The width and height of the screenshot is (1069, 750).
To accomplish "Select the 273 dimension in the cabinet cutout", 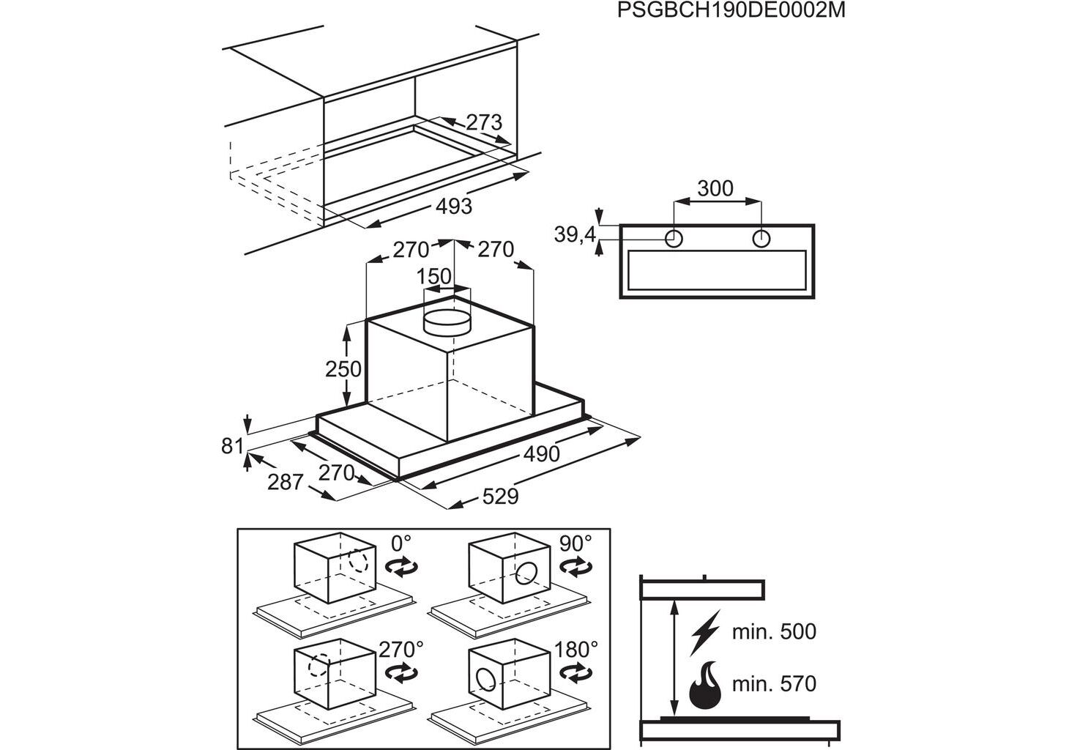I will (x=484, y=122).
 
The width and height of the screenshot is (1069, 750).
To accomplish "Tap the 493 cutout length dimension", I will (x=454, y=207).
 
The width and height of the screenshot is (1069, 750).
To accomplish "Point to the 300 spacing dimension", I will (x=715, y=188).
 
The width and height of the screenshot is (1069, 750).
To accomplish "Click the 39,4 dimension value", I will (x=575, y=235).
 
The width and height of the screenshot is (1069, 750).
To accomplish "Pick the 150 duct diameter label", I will (x=433, y=278).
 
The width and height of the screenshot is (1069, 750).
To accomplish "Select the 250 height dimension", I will (x=343, y=368).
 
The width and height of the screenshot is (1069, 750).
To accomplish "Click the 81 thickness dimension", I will (x=232, y=445).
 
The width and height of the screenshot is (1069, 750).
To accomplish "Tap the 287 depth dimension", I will (x=285, y=482).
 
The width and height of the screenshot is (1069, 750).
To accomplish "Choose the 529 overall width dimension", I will (x=500, y=497).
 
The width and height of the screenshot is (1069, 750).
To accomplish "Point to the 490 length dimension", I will (x=541, y=454).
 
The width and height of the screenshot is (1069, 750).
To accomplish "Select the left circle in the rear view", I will (x=674, y=238).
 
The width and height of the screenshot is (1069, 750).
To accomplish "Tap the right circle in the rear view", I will (x=761, y=238).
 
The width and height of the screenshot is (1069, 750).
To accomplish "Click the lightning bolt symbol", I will (x=704, y=631).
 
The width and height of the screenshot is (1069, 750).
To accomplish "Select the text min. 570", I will (x=773, y=684).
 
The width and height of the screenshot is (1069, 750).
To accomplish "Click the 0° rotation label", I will (x=401, y=543).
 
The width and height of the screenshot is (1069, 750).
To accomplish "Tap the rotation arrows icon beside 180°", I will (x=576, y=672).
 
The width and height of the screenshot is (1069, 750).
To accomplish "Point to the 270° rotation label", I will (x=401, y=649).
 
